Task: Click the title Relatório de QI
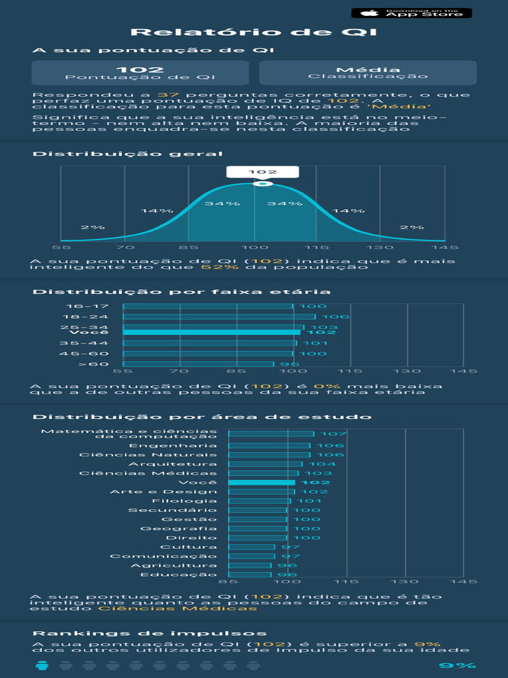pyautogui.click(x=254, y=32)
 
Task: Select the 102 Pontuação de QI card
pyautogui.click(x=140, y=73)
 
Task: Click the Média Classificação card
pyautogui.click(x=368, y=73)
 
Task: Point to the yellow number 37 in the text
pyautogui.click(x=165, y=95)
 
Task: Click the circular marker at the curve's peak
pyautogui.click(x=263, y=183)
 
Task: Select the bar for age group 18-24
pyautogui.click(x=219, y=316)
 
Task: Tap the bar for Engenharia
pyautogui.click(x=269, y=446)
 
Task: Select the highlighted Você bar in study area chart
pyautogui.click(x=261, y=483)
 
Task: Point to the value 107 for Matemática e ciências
pyautogui.click(x=329, y=434)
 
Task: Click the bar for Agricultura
pyautogui.click(x=250, y=565)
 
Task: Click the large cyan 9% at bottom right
pyautogui.click(x=457, y=666)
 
